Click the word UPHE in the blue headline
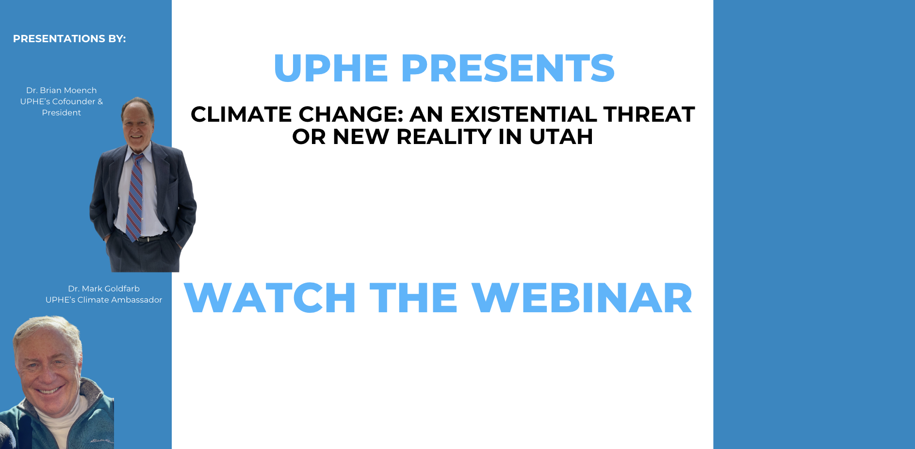click(x=331, y=68)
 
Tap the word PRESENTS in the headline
click(x=508, y=68)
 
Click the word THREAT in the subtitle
click(x=649, y=114)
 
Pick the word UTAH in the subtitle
click(x=561, y=137)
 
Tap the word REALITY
click(x=444, y=137)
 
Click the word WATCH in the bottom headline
click(x=270, y=298)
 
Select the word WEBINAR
click(x=582, y=298)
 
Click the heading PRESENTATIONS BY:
click(x=69, y=39)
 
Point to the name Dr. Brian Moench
click(x=62, y=90)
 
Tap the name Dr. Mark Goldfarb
click(x=104, y=289)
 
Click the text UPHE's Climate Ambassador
click(x=104, y=300)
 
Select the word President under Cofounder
click(x=62, y=112)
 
